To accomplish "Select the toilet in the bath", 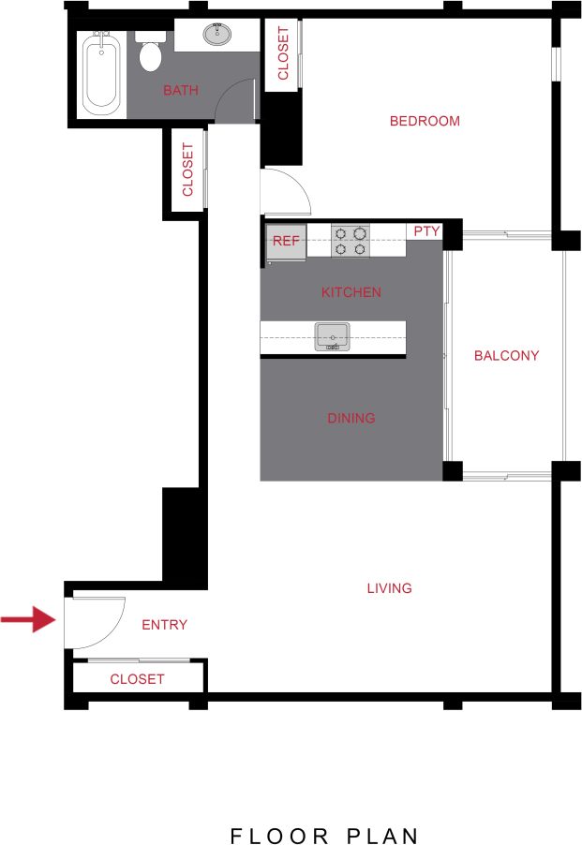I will click(x=150, y=53).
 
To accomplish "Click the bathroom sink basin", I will click(x=218, y=36).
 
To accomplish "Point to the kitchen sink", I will click(x=332, y=335).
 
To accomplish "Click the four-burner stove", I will click(x=350, y=241).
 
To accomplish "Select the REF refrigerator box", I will click(x=286, y=242).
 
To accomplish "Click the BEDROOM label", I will click(x=425, y=121).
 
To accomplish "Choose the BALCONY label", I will click(x=506, y=355).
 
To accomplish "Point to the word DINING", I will click(x=351, y=418).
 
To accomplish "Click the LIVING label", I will click(x=389, y=588).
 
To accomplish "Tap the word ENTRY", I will click(x=164, y=625).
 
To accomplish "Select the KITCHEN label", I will click(x=351, y=292).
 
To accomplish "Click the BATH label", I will click(x=181, y=91).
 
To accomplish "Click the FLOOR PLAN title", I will click(x=324, y=835).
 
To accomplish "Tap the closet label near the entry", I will click(x=137, y=679).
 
